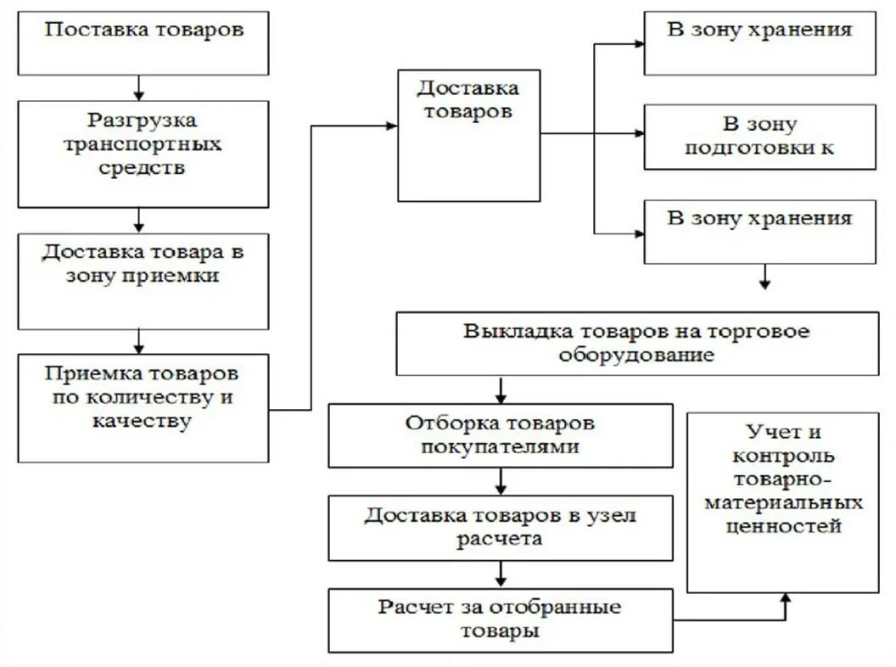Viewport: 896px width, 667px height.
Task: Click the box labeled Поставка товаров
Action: (x=143, y=42)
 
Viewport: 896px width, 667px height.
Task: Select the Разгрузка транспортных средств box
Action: (x=143, y=154)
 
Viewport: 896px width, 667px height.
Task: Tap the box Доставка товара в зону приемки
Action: (x=143, y=281)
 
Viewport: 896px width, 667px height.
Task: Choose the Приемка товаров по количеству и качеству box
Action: (x=143, y=407)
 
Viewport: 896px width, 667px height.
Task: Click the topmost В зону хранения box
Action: (x=759, y=43)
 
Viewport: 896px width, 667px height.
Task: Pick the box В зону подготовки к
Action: (x=759, y=137)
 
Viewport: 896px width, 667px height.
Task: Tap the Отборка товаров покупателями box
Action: (x=501, y=435)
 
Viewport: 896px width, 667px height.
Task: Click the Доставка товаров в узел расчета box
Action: (x=501, y=528)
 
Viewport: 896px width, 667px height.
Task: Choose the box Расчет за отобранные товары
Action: (x=501, y=620)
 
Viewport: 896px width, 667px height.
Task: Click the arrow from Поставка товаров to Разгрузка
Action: (x=140, y=88)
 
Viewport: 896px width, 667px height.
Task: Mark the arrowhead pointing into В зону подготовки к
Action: (x=637, y=133)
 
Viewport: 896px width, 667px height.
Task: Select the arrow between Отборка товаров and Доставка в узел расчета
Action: (x=501, y=482)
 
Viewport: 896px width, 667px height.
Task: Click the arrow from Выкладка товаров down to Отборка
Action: (x=501, y=390)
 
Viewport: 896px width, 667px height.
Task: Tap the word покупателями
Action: (x=500, y=446)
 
